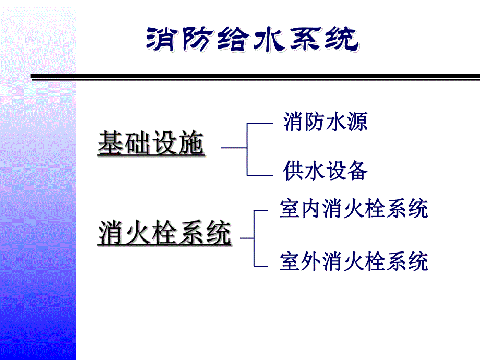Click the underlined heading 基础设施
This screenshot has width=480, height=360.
[150, 143]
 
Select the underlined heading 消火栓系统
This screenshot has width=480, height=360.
[164, 233]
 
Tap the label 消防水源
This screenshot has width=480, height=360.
[326, 122]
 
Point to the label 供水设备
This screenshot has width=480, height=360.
[326, 171]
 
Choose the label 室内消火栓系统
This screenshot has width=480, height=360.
[354, 209]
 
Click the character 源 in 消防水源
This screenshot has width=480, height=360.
[357, 122]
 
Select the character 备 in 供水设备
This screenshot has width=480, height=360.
[357, 171]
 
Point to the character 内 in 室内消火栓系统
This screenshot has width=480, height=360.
[311, 209]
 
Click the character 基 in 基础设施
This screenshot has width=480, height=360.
[110, 143]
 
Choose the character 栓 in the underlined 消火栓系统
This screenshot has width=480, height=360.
[164, 233]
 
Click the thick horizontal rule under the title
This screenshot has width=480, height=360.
[256, 77]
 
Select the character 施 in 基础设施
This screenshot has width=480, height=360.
[190, 143]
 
